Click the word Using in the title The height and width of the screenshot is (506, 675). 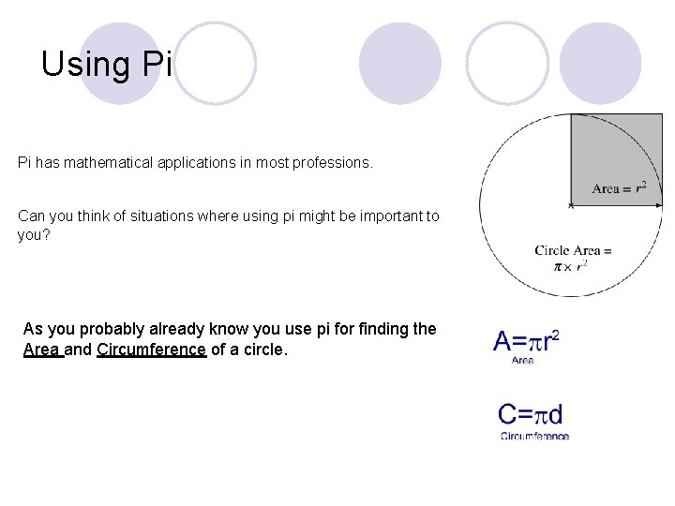(x=86, y=65)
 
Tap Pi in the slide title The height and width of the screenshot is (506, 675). (x=157, y=65)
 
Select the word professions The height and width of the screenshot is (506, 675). (x=335, y=163)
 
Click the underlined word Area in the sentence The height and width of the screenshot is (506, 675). (x=42, y=350)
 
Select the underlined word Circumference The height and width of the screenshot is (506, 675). (x=151, y=350)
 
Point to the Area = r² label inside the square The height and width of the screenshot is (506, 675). (x=619, y=188)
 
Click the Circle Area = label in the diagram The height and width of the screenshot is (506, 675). (x=573, y=250)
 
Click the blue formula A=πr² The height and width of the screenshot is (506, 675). (x=526, y=340)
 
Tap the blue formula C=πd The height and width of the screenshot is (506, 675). (x=531, y=414)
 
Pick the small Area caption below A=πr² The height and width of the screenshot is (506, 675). (x=522, y=361)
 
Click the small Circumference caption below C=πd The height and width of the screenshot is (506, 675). (x=534, y=436)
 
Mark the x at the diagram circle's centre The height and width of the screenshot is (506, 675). (x=571, y=205)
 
